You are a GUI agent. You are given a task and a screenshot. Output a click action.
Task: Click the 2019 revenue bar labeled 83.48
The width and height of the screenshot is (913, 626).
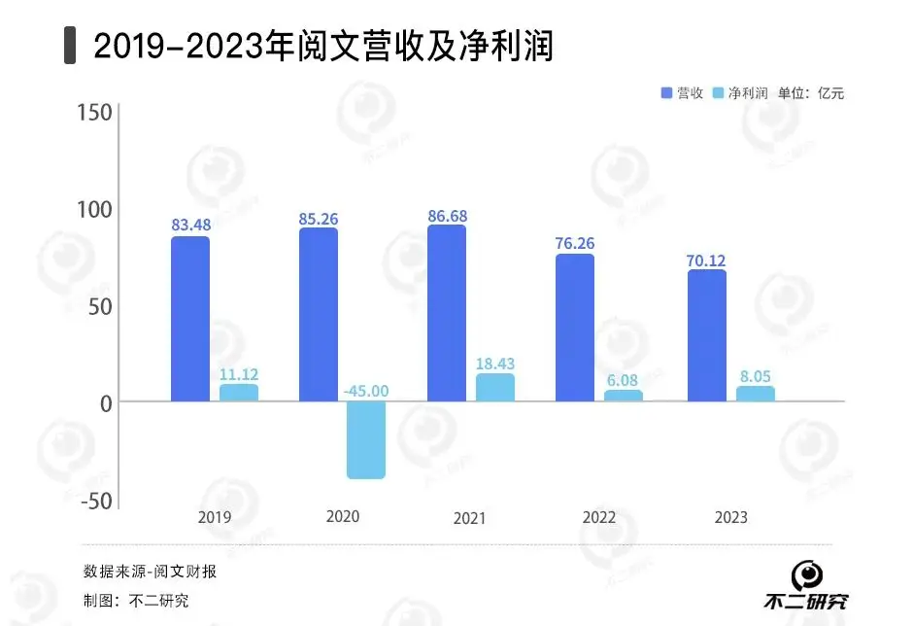[190, 319]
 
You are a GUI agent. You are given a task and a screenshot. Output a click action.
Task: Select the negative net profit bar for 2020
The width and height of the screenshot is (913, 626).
[366, 439]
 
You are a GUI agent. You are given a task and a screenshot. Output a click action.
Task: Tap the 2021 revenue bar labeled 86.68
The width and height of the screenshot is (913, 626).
[447, 313]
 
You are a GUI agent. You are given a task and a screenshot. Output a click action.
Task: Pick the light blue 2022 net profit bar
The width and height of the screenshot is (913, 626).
[623, 396]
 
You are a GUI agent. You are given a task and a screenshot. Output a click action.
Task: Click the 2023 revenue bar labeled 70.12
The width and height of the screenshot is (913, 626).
[707, 335]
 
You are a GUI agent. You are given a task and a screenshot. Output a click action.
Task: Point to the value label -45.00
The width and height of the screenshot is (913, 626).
[366, 391]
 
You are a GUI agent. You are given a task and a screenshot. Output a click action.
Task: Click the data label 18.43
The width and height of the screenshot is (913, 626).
[495, 363]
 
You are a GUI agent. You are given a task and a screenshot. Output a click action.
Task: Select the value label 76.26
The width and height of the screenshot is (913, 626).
[575, 243]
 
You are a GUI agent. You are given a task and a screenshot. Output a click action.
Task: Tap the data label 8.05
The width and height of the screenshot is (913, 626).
[755, 374]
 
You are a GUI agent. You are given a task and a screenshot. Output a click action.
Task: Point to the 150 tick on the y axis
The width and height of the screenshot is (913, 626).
[94, 114]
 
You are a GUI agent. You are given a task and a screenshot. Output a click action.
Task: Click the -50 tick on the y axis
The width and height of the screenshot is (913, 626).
[94, 501]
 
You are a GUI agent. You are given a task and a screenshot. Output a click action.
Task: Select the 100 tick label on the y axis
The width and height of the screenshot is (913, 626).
[94, 210]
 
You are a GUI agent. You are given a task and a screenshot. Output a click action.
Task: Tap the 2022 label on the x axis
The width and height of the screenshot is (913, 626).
[599, 517]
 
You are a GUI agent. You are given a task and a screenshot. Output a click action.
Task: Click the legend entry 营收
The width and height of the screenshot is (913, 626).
[683, 93]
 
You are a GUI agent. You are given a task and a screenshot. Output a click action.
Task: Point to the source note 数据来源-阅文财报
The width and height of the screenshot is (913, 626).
[150, 571]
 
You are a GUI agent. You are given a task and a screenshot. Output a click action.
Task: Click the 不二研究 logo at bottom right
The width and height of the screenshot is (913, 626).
[805, 588]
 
